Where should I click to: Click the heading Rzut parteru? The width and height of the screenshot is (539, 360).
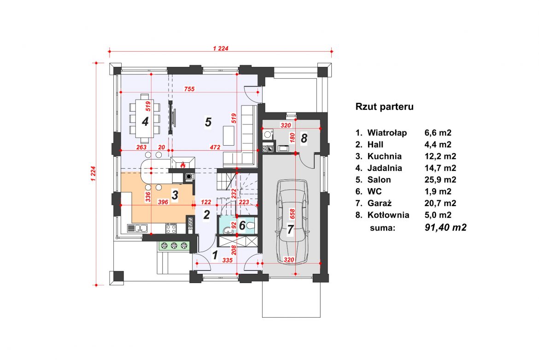point(384,106)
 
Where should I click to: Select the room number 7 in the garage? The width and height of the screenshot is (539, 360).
point(291,230)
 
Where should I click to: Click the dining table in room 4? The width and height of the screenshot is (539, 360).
point(145,118)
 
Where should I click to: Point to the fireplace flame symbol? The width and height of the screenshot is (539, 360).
point(183,165)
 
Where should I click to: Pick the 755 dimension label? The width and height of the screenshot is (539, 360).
point(189,89)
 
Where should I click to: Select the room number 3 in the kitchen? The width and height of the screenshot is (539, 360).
point(175,195)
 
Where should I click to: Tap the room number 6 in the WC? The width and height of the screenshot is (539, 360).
point(242,225)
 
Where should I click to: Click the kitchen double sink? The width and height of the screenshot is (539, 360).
point(137,228)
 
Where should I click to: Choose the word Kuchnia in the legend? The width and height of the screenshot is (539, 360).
point(384,156)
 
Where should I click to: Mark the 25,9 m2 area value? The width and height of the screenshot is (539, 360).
point(440,180)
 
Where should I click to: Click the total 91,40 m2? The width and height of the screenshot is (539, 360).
point(445,227)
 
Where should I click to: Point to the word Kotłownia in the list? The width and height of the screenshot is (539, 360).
point(388,215)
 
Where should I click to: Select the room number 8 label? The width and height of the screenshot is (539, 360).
point(304,138)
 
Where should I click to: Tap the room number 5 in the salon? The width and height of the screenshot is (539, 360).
point(208,122)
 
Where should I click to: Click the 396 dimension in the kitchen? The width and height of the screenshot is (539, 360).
point(163,202)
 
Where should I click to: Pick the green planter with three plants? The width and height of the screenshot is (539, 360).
point(174,246)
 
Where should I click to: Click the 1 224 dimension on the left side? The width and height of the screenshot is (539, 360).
point(93,174)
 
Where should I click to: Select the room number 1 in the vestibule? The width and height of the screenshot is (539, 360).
point(215,255)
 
